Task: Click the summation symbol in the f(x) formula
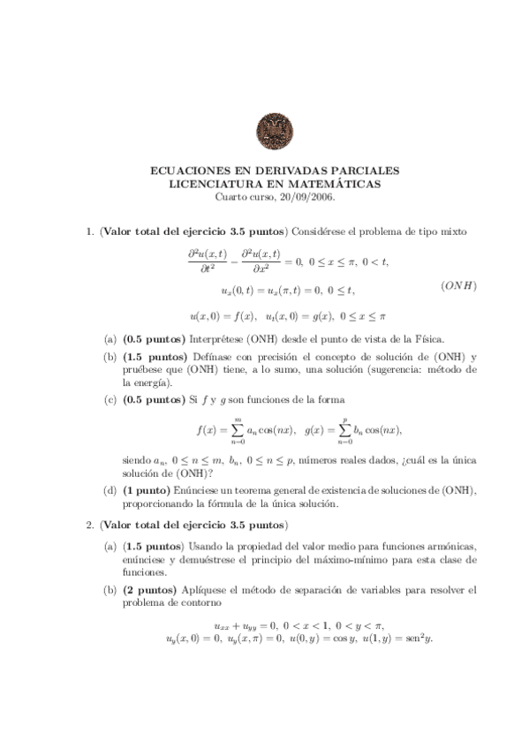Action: click(237, 430)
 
